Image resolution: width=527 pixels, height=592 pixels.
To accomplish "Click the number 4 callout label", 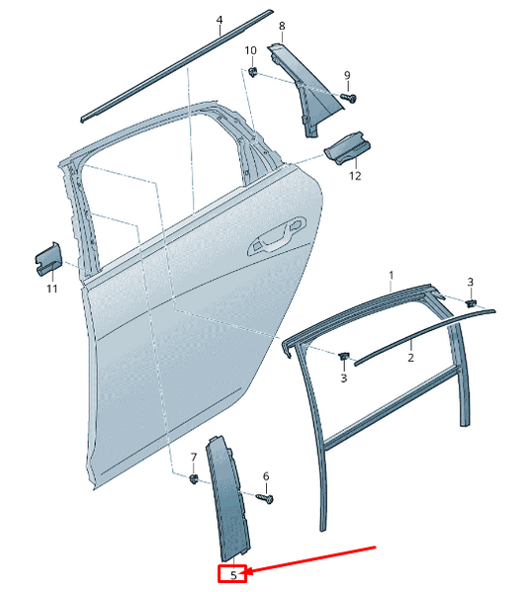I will coord(220,20).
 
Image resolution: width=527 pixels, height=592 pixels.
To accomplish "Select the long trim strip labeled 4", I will coord(178,65).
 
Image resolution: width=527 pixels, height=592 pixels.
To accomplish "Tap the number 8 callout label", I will coord(282,26).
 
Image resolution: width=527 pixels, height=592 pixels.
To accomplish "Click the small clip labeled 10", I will coord(254,72).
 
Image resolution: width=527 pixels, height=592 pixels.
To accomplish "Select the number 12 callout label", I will coord(354,176).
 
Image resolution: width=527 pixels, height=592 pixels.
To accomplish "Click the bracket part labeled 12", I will coord(346,149).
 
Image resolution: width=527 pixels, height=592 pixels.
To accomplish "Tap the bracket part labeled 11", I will coord(48,259).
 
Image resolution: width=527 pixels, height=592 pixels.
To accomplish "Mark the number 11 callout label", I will coord(51,289).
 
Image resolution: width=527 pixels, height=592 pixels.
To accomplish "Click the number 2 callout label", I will coord(410,358).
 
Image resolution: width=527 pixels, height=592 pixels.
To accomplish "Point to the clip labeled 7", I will coord(194,479).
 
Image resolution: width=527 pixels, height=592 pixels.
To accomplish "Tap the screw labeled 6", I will coord(265,499).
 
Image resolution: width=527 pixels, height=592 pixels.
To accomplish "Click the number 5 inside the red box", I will coord(232,573).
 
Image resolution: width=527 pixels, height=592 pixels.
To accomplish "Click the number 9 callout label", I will coord(347,76).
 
